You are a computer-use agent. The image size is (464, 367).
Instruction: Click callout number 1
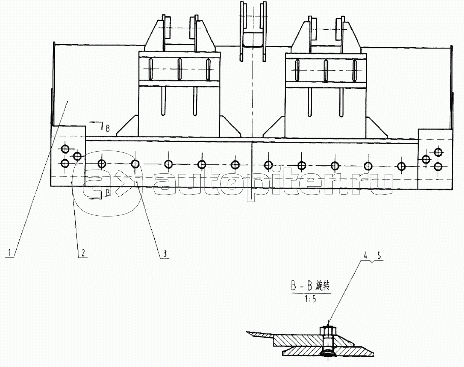(10, 252)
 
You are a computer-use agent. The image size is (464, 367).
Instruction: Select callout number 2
(83, 252)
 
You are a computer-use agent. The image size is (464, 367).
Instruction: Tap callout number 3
(165, 253)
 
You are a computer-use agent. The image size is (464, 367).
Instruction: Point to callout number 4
(365, 256)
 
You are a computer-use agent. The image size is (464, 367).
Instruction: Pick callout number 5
(379, 256)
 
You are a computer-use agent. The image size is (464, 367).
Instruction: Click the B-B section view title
(311, 287)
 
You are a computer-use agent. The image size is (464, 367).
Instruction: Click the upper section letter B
(107, 129)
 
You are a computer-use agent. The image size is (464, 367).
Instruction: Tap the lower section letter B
(108, 193)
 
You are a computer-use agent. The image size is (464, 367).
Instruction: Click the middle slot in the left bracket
(179, 69)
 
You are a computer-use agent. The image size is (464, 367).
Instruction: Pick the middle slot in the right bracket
(326, 71)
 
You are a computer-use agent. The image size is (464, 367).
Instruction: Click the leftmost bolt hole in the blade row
(102, 164)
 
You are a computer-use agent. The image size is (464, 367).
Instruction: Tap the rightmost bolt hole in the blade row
(401, 166)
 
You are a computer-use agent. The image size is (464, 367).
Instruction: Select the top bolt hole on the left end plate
(65, 149)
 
